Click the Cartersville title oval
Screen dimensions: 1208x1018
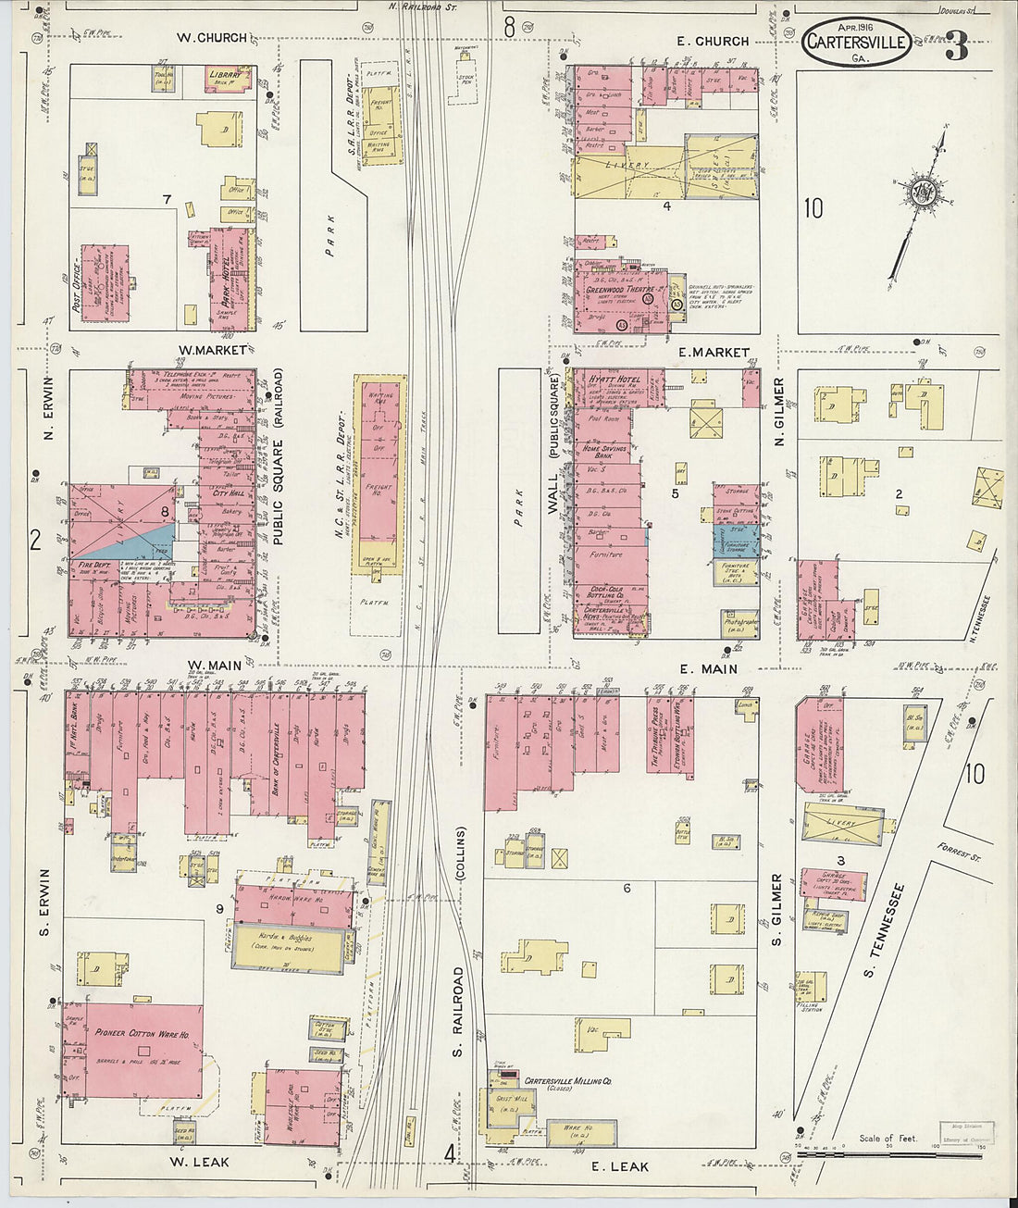pyautogui.click(x=856, y=43)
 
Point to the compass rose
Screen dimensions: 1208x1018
pyautogui.click(x=923, y=195)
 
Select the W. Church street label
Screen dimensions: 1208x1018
pyautogui.click(x=212, y=38)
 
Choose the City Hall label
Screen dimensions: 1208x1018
pyautogui.click(x=227, y=493)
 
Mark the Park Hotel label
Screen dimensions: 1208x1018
pyautogui.click(x=222, y=277)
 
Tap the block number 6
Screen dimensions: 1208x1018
pyautogui.click(x=627, y=889)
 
